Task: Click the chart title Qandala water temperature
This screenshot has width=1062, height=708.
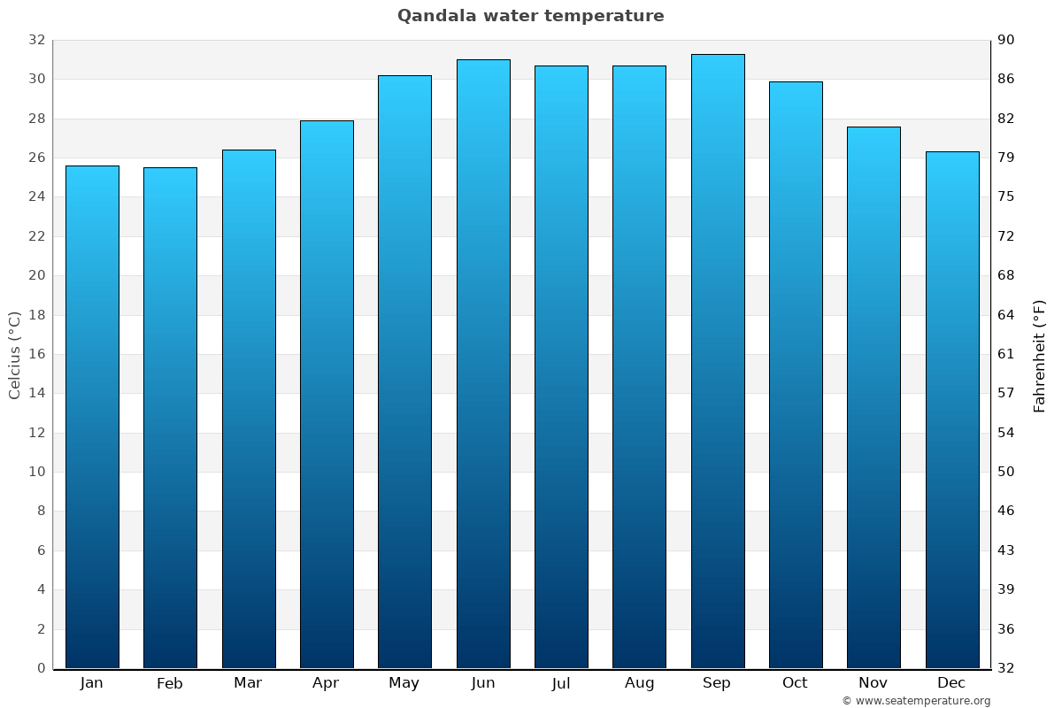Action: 530,16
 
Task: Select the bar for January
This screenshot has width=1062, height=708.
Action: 92,416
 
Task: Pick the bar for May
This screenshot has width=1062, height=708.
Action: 404,372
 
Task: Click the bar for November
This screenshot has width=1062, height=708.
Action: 873,397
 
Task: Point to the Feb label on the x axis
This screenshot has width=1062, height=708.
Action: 170,683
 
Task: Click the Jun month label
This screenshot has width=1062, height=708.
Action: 483,683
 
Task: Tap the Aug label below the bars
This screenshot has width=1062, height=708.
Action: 639,683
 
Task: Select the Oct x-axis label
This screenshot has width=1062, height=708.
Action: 795,683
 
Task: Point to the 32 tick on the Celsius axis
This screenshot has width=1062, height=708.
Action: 36,41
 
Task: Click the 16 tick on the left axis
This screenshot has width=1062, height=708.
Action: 36,354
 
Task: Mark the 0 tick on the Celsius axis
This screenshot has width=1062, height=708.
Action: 41,668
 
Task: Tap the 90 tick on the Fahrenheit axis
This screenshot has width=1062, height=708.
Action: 1006,41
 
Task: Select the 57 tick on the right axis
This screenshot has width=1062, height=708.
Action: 1006,393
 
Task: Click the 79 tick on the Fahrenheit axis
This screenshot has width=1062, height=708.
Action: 1006,158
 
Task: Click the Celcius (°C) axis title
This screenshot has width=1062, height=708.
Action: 15,354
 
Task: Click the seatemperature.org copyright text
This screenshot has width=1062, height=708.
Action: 916,701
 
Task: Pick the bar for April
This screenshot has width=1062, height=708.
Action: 327,394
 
